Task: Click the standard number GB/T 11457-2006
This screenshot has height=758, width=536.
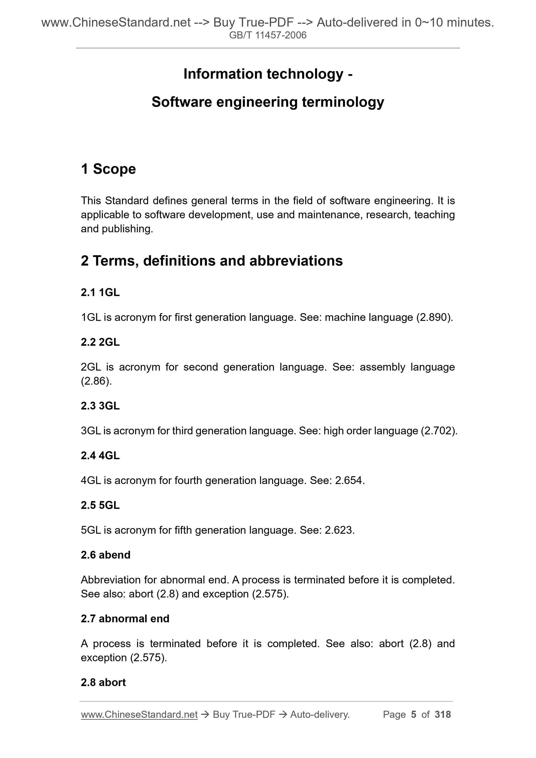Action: [x=267, y=35]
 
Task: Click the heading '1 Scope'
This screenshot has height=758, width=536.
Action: [x=108, y=169]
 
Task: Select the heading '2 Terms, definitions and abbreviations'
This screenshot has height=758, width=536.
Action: [x=212, y=261]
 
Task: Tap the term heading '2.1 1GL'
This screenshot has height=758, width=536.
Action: [x=100, y=292]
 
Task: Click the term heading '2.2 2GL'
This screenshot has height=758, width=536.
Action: [x=100, y=342]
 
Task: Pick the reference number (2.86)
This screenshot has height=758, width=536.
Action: [x=96, y=381]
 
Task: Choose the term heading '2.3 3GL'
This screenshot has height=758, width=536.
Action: [x=100, y=406]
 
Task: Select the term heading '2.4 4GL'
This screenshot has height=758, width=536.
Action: [x=100, y=456]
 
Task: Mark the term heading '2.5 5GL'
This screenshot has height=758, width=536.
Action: [x=100, y=505]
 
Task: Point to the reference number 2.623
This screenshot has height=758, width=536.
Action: [x=339, y=530]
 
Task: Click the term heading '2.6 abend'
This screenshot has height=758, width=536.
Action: [x=106, y=555]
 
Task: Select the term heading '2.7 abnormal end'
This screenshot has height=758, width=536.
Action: [x=125, y=619]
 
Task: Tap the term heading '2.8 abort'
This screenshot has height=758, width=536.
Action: [x=103, y=682]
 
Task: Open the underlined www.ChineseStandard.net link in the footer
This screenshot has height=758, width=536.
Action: [x=139, y=714]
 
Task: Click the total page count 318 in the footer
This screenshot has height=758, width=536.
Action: [x=443, y=714]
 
